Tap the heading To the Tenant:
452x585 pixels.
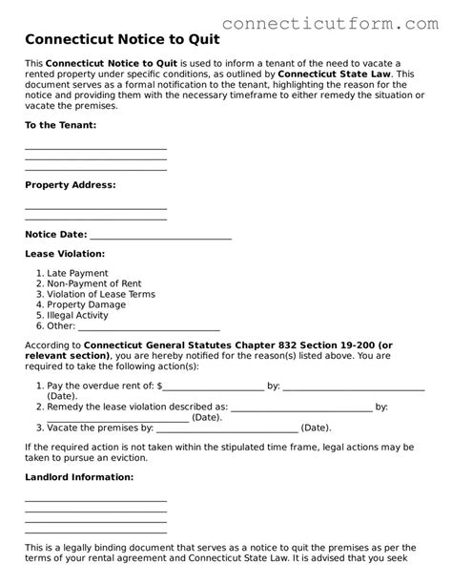click(60, 125)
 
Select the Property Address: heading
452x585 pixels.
click(70, 184)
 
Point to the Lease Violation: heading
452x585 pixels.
click(64, 254)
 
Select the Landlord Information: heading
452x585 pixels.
click(78, 476)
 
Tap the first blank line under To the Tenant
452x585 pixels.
click(95, 149)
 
